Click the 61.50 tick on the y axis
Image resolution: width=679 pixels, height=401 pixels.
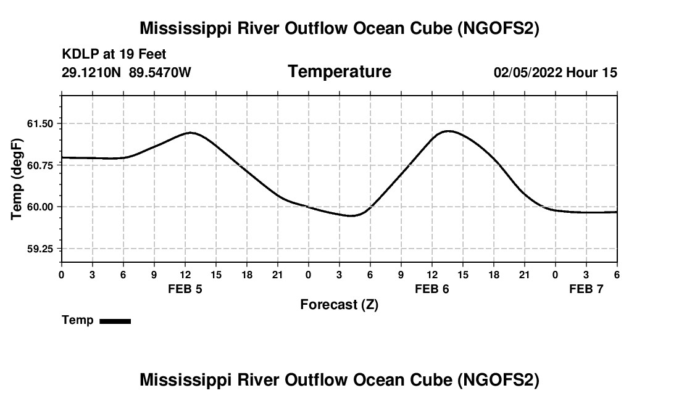[x=44, y=123]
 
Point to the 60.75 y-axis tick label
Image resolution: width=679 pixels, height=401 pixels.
[x=44, y=165]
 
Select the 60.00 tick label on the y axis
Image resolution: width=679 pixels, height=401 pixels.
[x=44, y=207]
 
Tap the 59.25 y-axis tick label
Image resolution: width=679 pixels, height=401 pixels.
[x=44, y=249]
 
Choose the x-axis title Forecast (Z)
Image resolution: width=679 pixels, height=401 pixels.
[x=339, y=304]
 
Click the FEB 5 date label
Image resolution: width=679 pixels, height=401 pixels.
[x=185, y=289]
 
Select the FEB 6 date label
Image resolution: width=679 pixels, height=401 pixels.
[x=432, y=289]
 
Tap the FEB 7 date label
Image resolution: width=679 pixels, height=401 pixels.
[x=586, y=289]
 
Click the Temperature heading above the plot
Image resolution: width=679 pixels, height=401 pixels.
[x=339, y=72]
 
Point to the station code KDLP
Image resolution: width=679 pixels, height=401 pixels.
[x=78, y=55]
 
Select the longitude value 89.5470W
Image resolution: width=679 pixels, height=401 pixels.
[x=160, y=72]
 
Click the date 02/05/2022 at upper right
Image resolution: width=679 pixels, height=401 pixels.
[x=528, y=72]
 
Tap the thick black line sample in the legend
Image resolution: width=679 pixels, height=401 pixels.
[x=115, y=321]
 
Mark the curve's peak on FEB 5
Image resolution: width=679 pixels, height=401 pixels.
[x=192, y=133]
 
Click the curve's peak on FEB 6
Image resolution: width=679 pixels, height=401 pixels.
[x=448, y=131]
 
